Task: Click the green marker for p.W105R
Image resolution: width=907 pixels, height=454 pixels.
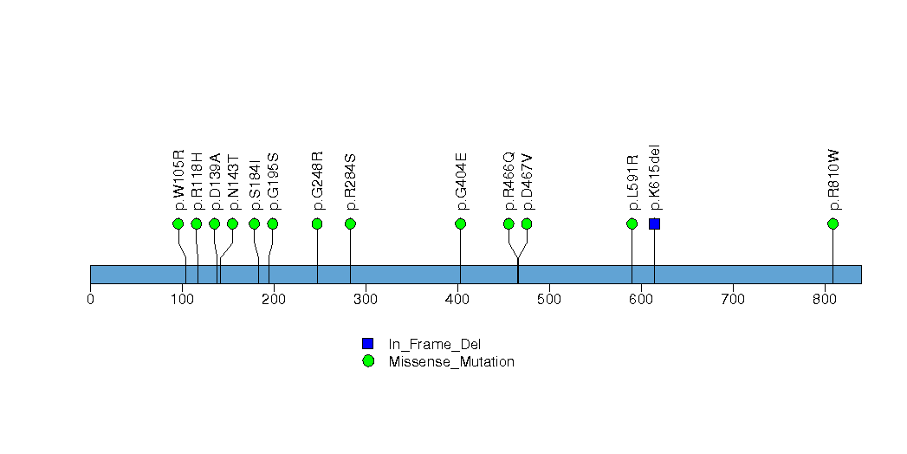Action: pos(178,224)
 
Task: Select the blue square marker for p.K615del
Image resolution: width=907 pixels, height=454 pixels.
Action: pos(654,224)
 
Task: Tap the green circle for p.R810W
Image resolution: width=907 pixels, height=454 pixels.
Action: pos(832,224)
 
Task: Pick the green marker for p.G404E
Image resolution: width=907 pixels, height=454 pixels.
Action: pos(460,224)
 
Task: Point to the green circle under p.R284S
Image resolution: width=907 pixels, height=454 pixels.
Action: pos(350,224)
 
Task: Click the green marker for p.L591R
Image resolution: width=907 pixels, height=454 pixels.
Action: pos(632,224)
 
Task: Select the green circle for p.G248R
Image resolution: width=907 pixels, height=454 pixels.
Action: pos(317,224)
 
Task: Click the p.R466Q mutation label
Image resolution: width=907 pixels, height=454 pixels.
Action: pos(509,181)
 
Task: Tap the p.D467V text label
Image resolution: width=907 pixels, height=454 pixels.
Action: pos(527,182)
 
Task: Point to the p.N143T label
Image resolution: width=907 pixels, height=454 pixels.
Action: pos(232,182)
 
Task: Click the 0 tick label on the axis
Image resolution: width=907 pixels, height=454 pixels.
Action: pos(90,300)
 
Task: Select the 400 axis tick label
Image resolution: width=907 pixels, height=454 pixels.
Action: pos(457,300)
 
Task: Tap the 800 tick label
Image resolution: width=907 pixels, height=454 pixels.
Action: pos(824,300)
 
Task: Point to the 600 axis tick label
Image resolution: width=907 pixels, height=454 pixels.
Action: pos(640,300)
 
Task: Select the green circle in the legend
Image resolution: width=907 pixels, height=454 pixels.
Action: pos(368,361)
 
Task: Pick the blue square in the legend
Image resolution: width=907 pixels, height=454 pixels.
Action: pos(368,344)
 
